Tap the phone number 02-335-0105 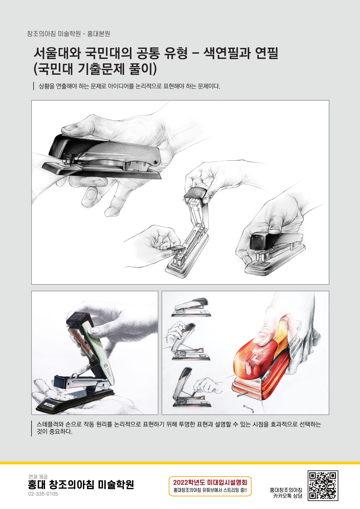click(x=43, y=494)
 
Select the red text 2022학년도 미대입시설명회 click(x=210, y=482)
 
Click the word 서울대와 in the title click(x=57, y=53)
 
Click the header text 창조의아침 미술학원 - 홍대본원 click(x=69, y=34)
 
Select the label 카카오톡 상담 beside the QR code click(x=287, y=496)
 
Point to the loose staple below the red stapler click(x=248, y=409)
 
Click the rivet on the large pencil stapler click(x=156, y=162)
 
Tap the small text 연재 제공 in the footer click(x=38, y=476)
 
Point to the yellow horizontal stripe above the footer click(x=180, y=463)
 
